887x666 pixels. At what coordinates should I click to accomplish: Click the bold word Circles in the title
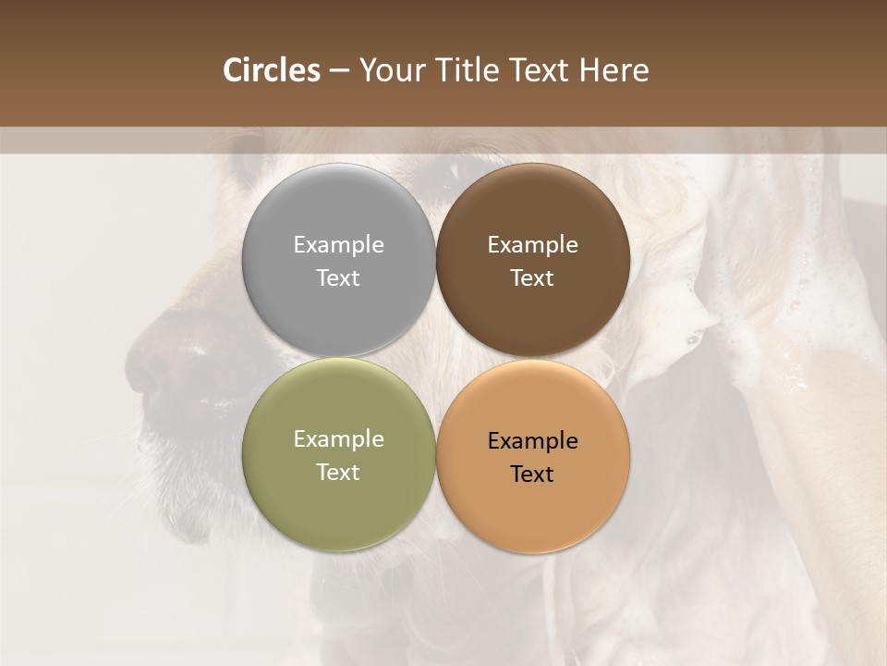[x=272, y=70]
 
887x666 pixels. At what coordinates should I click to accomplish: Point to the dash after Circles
[x=339, y=70]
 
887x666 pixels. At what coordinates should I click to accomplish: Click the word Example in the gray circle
[x=338, y=244]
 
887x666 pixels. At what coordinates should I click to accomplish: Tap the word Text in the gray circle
[x=338, y=277]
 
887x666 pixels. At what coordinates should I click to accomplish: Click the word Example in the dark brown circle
[x=532, y=244]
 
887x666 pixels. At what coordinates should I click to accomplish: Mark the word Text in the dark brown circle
[x=532, y=277]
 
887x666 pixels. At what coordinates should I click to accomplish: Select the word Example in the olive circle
[x=338, y=438]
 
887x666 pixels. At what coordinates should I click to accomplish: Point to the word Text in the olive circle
[x=338, y=472]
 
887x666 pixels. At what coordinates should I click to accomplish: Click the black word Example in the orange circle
[x=532, y=440]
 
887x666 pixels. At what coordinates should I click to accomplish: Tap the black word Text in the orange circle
[x=532, y=474]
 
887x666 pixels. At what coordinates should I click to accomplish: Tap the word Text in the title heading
[x=540, y=70]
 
